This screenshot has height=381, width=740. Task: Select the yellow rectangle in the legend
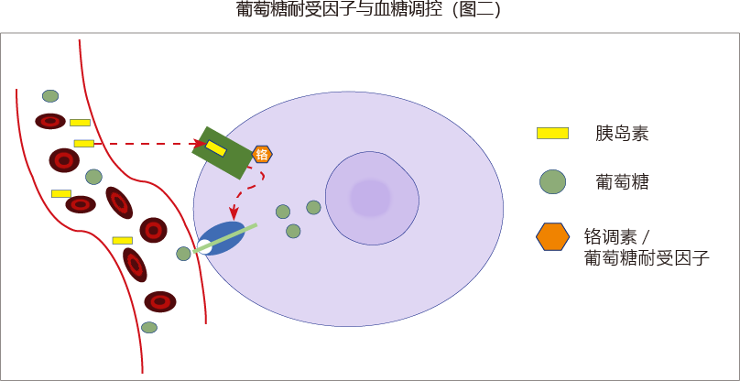coord(552,133)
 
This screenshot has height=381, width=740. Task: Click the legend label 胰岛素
coord(622,134)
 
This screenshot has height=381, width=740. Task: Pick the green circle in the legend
coord(552,181)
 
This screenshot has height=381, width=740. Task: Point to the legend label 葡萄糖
coord(622,182)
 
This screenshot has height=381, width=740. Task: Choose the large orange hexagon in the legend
coord(552,236)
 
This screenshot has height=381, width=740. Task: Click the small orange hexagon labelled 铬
coord(262,154)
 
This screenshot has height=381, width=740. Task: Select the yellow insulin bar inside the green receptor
coord(216,147)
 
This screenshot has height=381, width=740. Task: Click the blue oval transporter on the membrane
coord(222,237)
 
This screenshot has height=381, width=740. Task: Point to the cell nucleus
coord(372,197)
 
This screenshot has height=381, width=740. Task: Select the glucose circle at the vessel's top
coord(50,95)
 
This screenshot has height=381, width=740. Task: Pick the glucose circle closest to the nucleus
coord(313,208)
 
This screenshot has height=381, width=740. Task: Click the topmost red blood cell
coord(50,121)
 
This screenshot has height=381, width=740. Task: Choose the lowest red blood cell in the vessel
coord(160,301)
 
